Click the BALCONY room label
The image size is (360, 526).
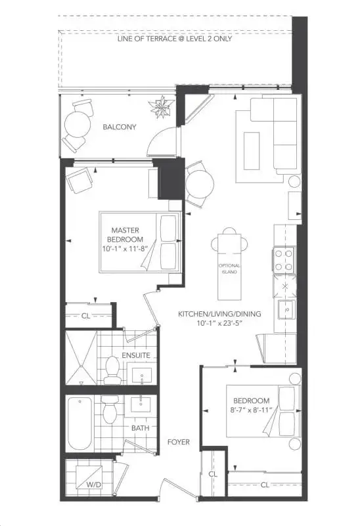click(x=120, y=127)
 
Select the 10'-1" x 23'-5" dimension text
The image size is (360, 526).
click(x=219, y=324)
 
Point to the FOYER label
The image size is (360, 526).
click(x=177, y=442)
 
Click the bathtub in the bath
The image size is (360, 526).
click(x=79, y=424)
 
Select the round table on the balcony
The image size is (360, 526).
click(x=79, y=123)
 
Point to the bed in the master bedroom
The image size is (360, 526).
click(x=139, y=242)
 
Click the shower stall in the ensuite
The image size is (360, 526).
click(x=80, y=359)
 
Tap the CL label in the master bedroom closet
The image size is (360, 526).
click(x=86, y=316)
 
